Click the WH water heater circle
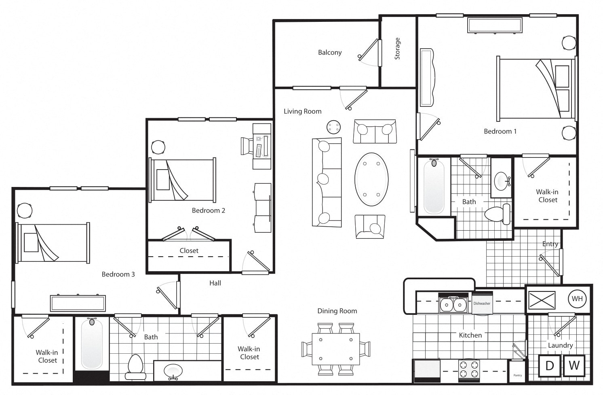[x=577, y=299]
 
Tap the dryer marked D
[x=550, y=365]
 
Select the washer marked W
[x=574, y=365]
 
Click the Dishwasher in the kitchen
[x=482, y=303]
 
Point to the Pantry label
[x=517, y=375]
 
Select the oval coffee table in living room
[x=371, y=179]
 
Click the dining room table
[x=335, y=349]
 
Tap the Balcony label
[x=330, y=53]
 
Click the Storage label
[x=397, y=49]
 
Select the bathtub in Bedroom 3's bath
[x=92, y=344]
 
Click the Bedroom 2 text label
[x=208, y=210]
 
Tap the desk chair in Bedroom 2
[x=247, y=146]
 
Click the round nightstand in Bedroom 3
[x=24, y=210]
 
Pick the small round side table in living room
[x=333, y=127]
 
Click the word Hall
[x=215, y=283]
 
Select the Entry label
[x=550, y=244]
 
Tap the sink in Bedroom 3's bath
[x=173, y=371]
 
